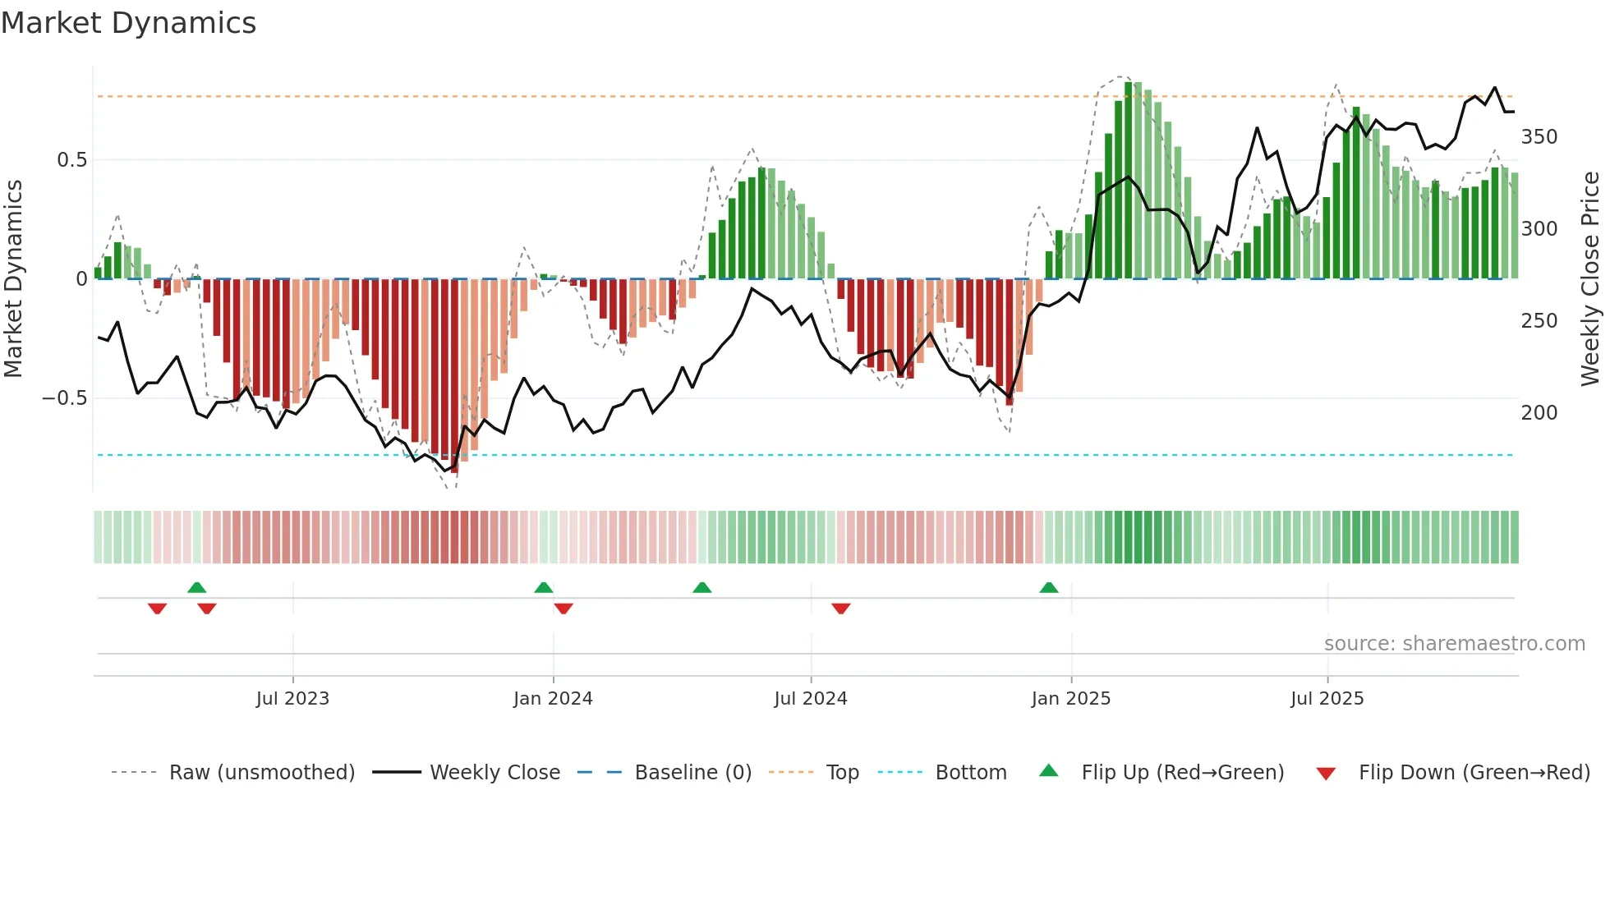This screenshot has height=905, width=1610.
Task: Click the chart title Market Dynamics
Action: pyautogui.click(x=128, y=23)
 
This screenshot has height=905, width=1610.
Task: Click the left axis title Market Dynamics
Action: pyautogui.click(x=13, y=278)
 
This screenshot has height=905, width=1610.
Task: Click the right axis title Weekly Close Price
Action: pyautogui.click(x=1590, y=278)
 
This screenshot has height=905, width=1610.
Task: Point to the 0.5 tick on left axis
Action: pyautogui.click(x=71, y=160)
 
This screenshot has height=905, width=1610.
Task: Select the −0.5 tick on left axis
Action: pyautogui.click(x=65, y=398)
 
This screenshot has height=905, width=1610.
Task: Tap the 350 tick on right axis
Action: pyautogui.click(x=1539, y=137)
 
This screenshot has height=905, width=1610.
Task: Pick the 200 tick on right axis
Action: pyautogui.click(x=1539, y=413)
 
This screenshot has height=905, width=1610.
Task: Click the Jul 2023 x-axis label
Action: pyautogui.click(x=292, y=699)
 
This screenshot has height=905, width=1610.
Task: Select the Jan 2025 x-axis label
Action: pyautogui.click(x=1070, y=699)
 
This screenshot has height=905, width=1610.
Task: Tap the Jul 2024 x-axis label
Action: pyautogui.click(x=810, y=699)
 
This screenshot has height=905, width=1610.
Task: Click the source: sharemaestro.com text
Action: pyautogui.click(x=1454, y=644)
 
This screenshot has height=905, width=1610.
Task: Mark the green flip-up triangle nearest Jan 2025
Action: pyautogui.click(x=1049, y=588)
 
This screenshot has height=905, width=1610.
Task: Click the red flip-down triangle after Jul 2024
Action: pyautogui.click(x=840, y=609)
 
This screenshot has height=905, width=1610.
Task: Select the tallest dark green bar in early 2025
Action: pyautogui.click(x=1129, y=181)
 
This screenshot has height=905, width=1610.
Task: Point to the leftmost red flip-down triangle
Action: pyautogui.click(x=157, y=609)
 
